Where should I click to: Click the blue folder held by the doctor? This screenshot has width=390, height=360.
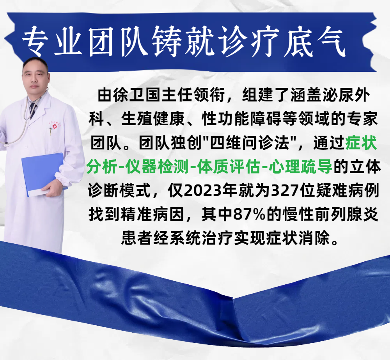tap(42, 174)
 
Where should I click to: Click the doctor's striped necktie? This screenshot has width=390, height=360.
tap(33, 110)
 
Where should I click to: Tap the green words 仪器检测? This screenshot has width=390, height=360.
tap(157, 167)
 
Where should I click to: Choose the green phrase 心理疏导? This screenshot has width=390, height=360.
tap(300, 167)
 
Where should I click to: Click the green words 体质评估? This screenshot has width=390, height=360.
tap(229, 167)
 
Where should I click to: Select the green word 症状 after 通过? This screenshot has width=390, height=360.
tap(361, 143)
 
